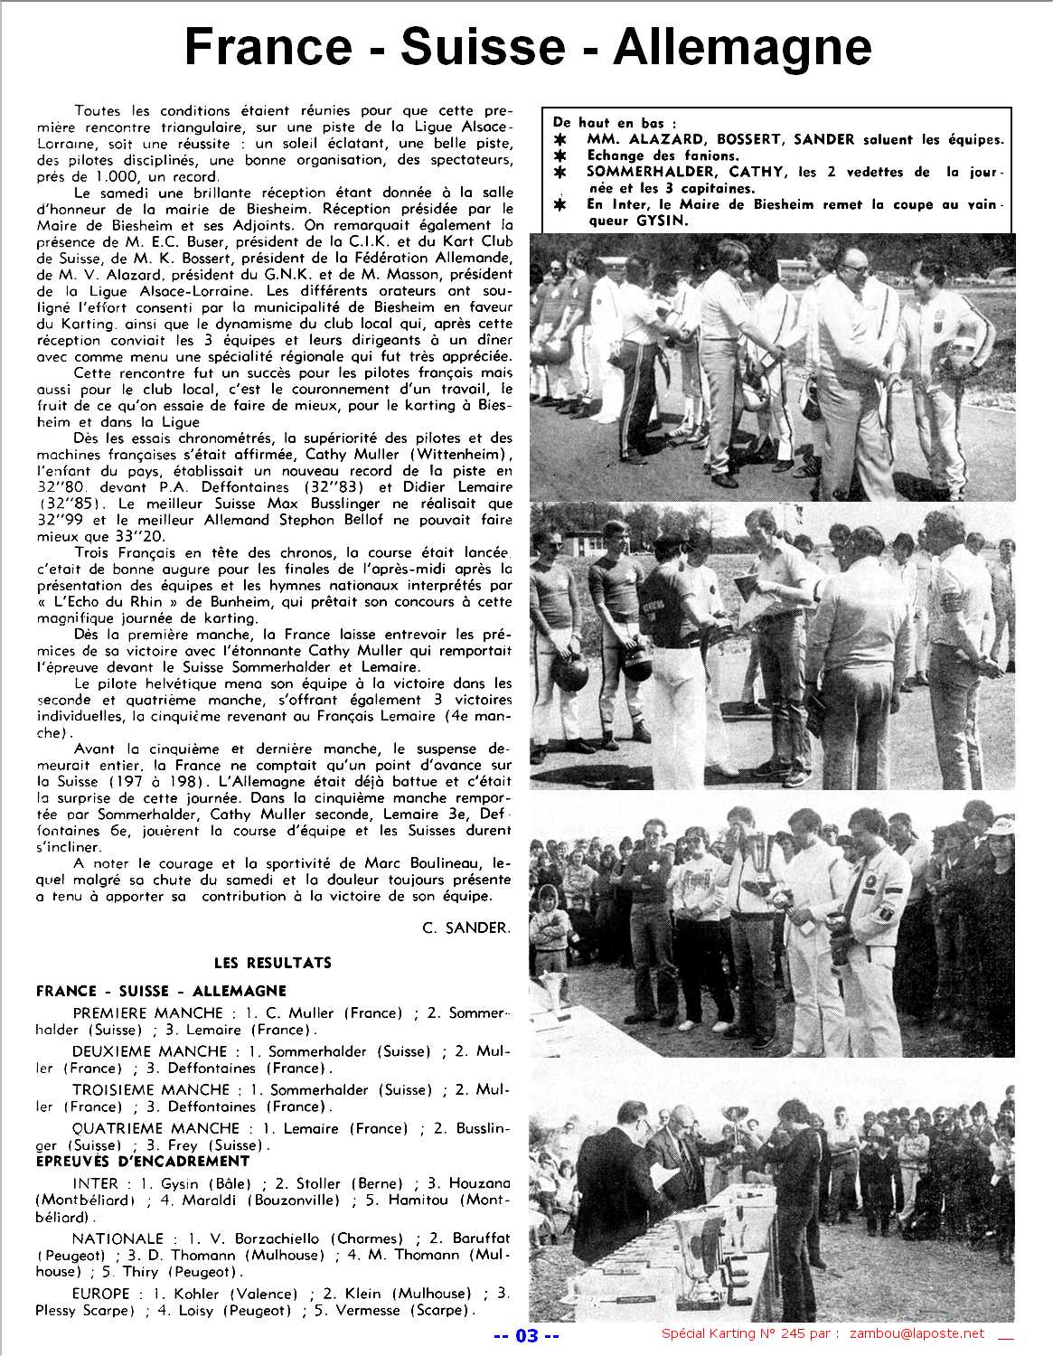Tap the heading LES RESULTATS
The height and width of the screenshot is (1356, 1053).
[272, 963]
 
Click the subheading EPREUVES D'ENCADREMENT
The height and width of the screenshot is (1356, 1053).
[143, 1161]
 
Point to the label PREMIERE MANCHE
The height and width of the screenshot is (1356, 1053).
[147, 1013]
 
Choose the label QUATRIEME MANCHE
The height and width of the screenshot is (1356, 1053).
[155, 1128]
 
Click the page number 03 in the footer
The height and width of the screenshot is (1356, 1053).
[526, 1335]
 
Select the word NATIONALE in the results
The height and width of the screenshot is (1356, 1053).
[118, 1238]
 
